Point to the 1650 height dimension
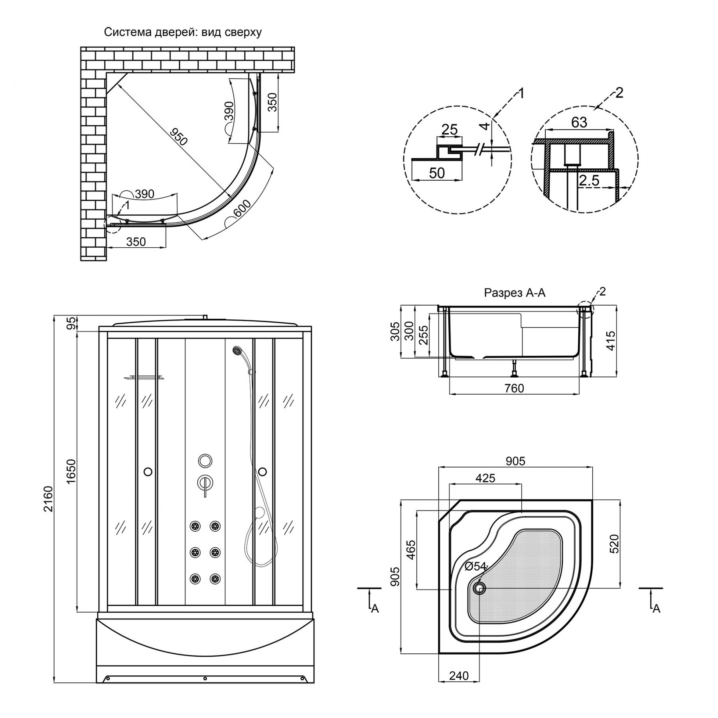tap(71, 472)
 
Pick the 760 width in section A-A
tap(514, 388)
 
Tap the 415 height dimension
tap(610, 340)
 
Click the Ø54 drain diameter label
tap(476, 566)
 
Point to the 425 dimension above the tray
tap(485, 478)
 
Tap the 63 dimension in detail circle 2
tap(579, 122)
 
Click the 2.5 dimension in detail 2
tap(589, 181)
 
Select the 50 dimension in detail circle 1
tap(437, 173)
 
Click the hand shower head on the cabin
tap(237, 350)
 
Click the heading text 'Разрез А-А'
tap(515, 293)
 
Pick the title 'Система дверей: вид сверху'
tap(183, 32)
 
